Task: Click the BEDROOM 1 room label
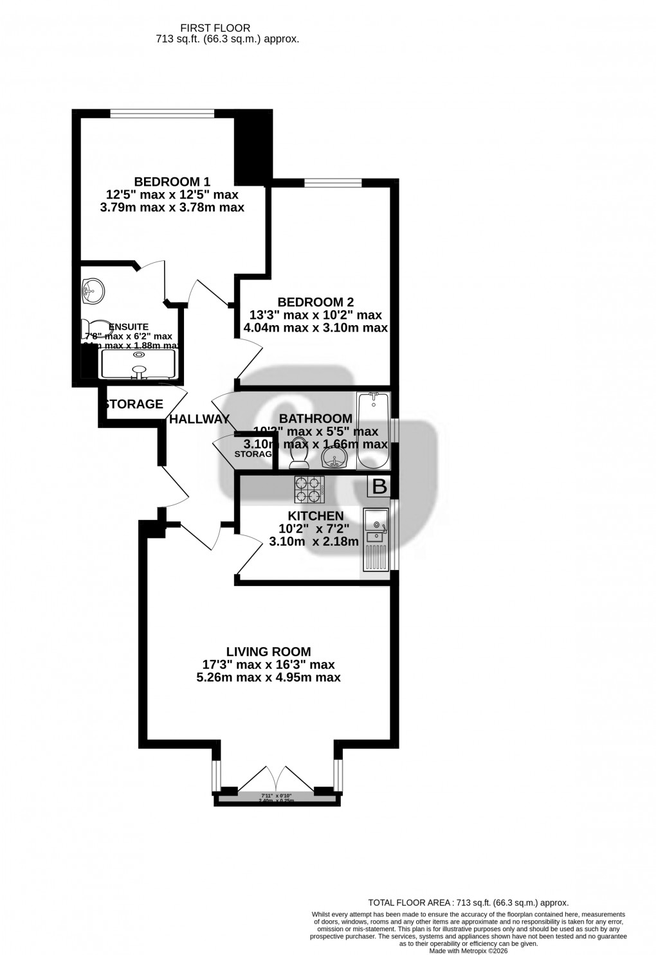pos(172,182)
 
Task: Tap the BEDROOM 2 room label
pos(315,302)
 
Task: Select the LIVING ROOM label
pos(268,652)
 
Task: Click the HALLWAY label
pos(199,420)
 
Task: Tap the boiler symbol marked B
pos(379,486)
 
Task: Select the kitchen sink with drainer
pos(376,539)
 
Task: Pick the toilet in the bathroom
pos(298,454)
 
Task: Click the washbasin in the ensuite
pos(93,290)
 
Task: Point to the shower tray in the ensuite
pos(138,363)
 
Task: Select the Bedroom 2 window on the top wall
pos(333,183)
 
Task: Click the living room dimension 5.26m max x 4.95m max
pos(268,677)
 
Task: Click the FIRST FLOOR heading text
pos(215,28)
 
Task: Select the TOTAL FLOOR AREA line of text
pos(468,903)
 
